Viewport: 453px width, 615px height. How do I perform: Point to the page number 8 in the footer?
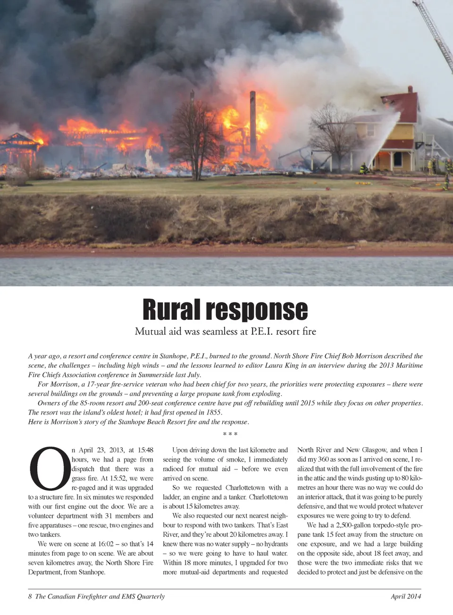(x=30, y=597)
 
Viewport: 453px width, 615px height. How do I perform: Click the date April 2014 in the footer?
(x=406, y=597)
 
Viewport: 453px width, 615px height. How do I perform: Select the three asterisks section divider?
(x=230, y=434)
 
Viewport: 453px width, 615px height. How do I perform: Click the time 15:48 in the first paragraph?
(x=145, y=450)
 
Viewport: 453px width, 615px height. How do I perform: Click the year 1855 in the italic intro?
(x=214, y=412)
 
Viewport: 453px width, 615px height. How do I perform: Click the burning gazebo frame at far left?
(x=19, y=149)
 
